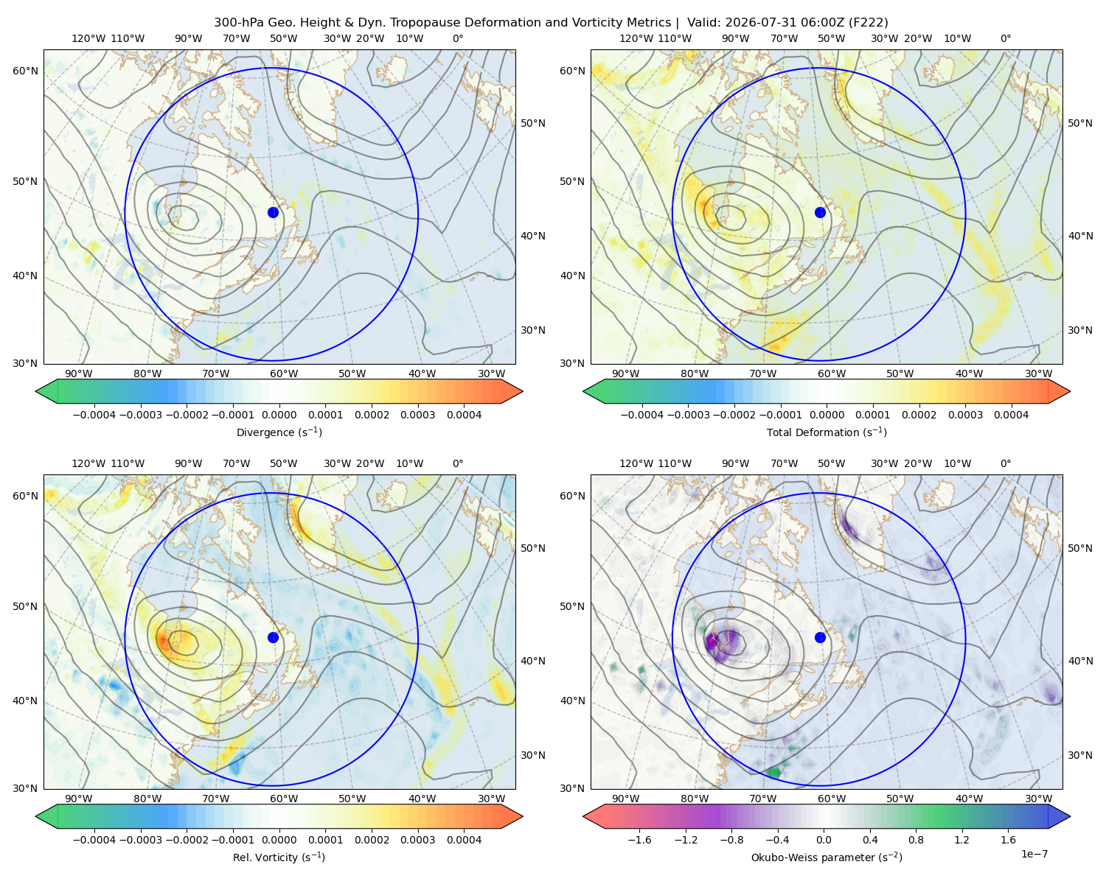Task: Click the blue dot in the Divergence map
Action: point(273,213)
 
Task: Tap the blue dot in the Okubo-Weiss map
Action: point(820,637)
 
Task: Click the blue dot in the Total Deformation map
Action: point(820,213)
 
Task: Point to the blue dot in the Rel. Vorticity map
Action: point(273,637)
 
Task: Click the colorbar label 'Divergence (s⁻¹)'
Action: point(279,432)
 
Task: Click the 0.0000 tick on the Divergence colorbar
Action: point(279,415)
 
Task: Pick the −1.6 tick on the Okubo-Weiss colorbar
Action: point(639,840)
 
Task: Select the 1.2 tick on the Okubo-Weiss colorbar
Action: point(961,840)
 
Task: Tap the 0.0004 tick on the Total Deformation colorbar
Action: point(1011,415)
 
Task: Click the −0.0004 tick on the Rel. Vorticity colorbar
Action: point(94,840)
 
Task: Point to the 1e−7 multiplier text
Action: point(1034,854)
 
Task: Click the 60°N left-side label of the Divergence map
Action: point(25,71)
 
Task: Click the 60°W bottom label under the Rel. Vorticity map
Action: point(284,799)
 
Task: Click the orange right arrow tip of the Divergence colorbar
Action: point(522,391)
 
